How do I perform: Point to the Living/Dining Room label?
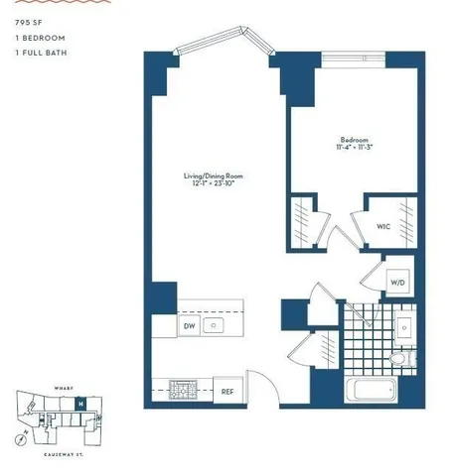click(x=214, y=178)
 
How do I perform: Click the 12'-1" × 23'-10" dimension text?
click(x=214, y=185)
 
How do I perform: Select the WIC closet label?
click(x=382, y=226)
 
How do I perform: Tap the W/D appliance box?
click(x=396, y=283)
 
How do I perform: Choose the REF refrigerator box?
click(x=227, y=391)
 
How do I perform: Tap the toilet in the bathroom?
click(x=397, y=358)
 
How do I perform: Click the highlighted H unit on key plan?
click(x=80, y=404)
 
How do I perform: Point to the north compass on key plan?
click(x=21, y=440)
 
